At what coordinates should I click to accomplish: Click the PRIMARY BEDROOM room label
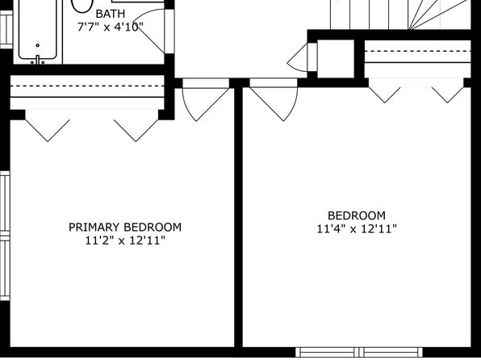[125, 227]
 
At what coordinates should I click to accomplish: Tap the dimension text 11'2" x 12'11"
[125, 241]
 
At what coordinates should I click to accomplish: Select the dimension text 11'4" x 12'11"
[357, 228]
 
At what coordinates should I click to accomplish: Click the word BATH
[111, 14]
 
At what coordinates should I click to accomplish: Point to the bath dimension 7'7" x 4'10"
[110, 27]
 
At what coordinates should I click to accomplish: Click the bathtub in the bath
[38, 31]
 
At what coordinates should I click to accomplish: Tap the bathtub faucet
[37, 60]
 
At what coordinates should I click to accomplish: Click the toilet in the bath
[82, 6]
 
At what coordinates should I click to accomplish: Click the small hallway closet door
[297, 58]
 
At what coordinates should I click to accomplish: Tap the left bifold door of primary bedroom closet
[48, 131]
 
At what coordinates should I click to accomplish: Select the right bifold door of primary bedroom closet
[136, 131]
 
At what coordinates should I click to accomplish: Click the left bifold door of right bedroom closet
[385, 94]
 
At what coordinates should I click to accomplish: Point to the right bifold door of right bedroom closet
[448, 94]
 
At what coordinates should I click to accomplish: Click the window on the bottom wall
[359, 352]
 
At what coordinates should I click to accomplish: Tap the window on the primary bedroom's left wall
[5, 236]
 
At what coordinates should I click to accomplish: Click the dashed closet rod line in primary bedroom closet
[87, 86]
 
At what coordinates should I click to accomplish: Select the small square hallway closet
[336, 59]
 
